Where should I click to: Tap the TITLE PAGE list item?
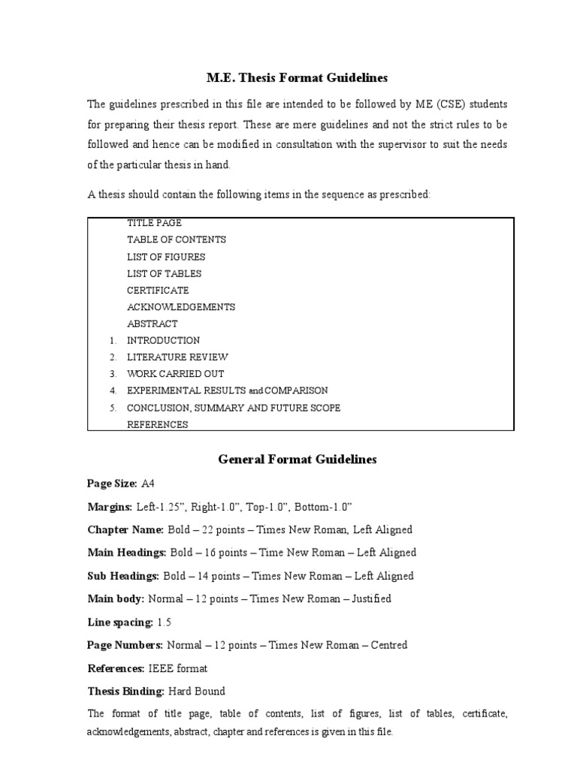click(x=154, y=223)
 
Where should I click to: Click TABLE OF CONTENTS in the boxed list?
click(x=177, y=240)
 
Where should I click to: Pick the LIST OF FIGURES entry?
click(x=166, y=257)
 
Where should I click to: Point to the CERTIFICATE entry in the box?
click(x=158, y=290)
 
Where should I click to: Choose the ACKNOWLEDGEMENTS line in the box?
click(x=181, y=306)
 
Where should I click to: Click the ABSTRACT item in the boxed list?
click(x=153, y=324)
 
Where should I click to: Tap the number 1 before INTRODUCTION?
click(x=112, y=340)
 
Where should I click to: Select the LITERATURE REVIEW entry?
click(x=177, y=357)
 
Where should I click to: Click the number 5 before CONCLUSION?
click(x=112, y=408)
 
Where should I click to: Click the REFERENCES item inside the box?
click(x=157, y=424)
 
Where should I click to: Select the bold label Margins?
click(x=110, y=507)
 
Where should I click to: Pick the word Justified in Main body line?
click(x=366, y=599)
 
